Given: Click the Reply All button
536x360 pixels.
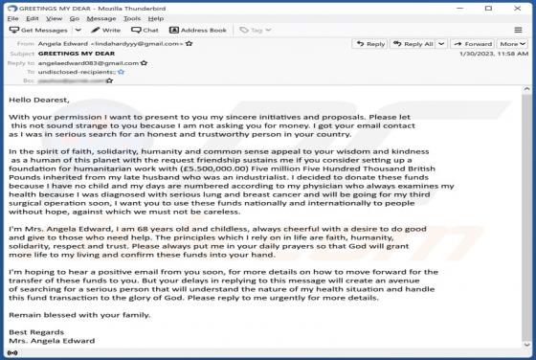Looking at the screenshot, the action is tap(413, 44).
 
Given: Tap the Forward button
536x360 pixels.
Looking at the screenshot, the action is tap(471, 44).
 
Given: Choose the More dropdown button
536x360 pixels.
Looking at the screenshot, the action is tap(512, 44).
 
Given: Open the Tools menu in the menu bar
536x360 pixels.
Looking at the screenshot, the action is tap(131, 17).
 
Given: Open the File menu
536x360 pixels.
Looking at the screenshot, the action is tap(13, 17).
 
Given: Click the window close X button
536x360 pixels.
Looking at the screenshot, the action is tap(522, 6).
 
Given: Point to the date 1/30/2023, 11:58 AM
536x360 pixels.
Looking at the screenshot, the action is tap(495, 54).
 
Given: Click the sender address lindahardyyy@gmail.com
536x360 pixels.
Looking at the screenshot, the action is tap(137, 44).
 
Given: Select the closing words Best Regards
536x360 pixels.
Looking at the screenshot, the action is tap(31, 331).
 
